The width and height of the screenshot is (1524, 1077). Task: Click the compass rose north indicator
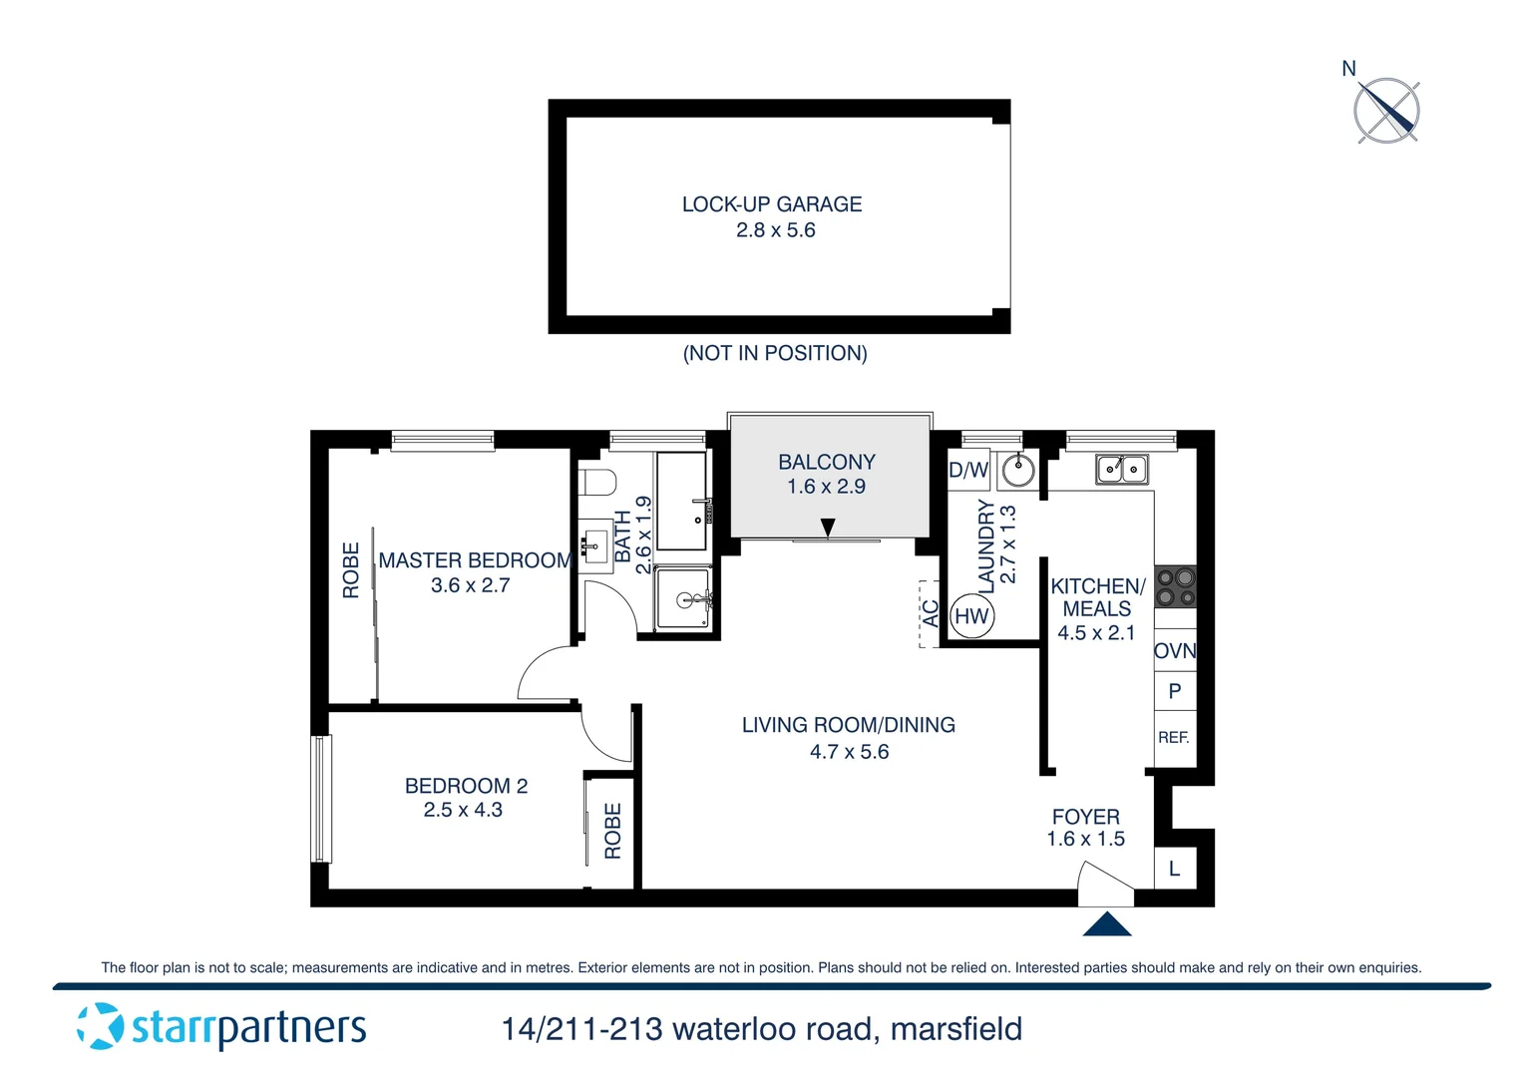[x=1385, y=109]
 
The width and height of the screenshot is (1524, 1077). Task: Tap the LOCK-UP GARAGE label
[x=772, y=204]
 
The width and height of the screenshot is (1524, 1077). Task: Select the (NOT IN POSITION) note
[x=775, y=353]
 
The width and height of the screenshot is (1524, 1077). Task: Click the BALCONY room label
[x=827, y=463]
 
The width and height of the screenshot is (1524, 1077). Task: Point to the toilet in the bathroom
[x=597, y=483]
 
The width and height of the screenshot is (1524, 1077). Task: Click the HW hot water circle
[x=971, y=616]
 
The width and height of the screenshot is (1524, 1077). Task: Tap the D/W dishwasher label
[x=967, y=471]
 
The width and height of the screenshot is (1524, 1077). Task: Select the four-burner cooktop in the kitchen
[x=1175, y=586]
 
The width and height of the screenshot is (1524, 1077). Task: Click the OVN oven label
[x=1175, y=651]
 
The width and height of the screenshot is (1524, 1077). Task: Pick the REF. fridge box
[x=1174, y=738]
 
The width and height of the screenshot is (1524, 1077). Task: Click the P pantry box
[x=1175, y=691]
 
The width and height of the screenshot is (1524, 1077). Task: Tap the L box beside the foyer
[x=1174, y=869]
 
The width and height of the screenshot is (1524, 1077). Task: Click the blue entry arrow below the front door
[x=1106, y=924]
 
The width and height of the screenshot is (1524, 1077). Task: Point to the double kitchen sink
[x=1122, y=469]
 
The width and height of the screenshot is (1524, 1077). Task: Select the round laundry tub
[x=1017, y=469]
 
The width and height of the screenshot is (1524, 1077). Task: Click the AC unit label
[x=930, y=613]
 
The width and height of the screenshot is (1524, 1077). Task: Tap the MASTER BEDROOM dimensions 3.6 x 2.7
[x=470, y=586]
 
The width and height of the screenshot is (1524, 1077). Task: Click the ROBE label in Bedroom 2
[x=612, y=831]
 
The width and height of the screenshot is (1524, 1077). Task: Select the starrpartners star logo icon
[x=101, y=1026]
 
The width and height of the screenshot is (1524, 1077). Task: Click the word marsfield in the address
[x=955, y=1029]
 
